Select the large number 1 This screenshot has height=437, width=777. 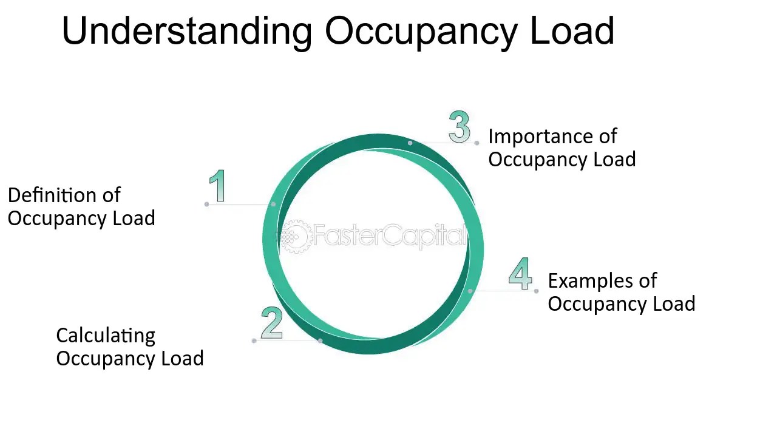pyautogui.click(x=217, y=186)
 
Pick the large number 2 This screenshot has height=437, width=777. pyautogui.click(x=272, y=323)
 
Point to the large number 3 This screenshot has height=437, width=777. pyautogui.click(x=460, y=127)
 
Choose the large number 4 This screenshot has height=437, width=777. pyautogui.click(x=521, y=274)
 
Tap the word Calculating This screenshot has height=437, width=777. pyautogui.click(x=106, y=336)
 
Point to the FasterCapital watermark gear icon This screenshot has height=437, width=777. pyautogui.click(x=296, y=236)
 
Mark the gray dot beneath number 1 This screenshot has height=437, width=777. pyautogui.click(x=207, y=204)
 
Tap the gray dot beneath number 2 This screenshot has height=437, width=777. pyautogui.click(x=254, y=340)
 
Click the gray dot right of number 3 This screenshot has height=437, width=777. pyautogui.click(x=477, y=143)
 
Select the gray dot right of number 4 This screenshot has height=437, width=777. pyautogui.click(x=537, y=291)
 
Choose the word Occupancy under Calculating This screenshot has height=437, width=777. pyautogui.click(x=106, y=358)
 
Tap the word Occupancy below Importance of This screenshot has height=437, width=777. pyautogui.click(x=538, y=160)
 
